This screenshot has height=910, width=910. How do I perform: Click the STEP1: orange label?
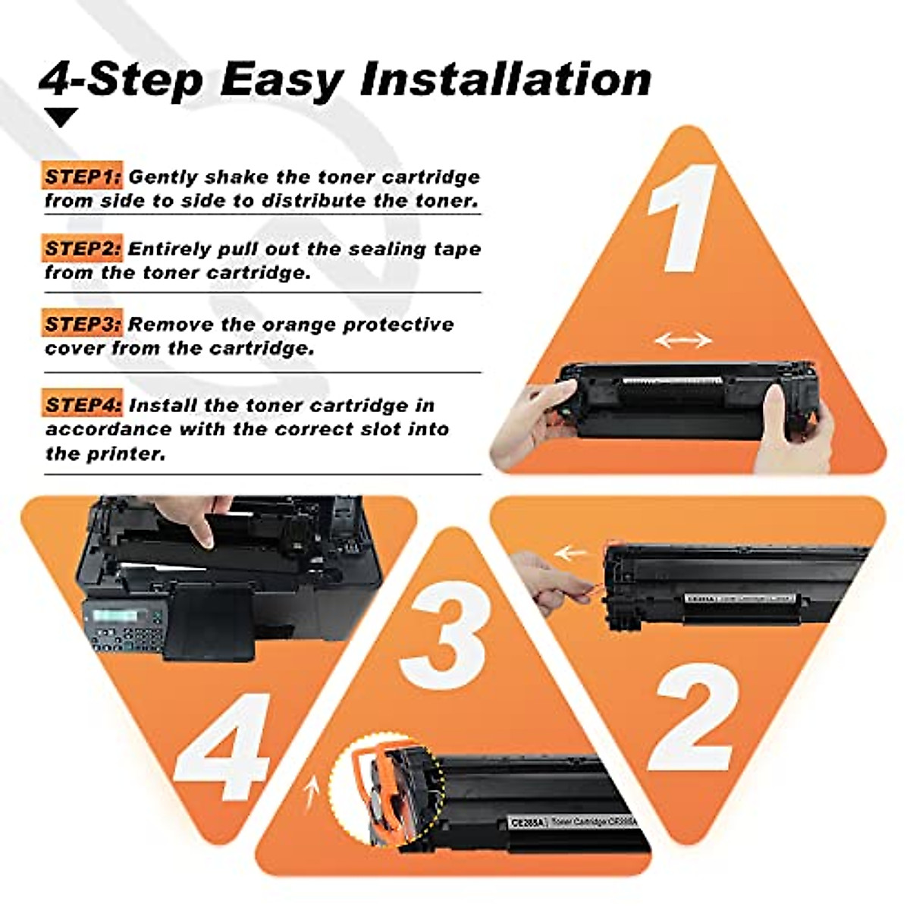point(82,177)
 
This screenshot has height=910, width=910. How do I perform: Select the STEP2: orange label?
point(82,249)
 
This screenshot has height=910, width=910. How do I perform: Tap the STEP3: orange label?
point(82,325)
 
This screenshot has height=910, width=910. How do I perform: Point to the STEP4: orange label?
point(82,405)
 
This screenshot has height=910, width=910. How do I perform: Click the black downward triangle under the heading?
point(61,117)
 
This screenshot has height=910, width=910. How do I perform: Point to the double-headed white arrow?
point(683,340)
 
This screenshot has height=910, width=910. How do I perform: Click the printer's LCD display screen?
point(114,616)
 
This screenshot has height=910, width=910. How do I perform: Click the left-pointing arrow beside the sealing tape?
point(570,553)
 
